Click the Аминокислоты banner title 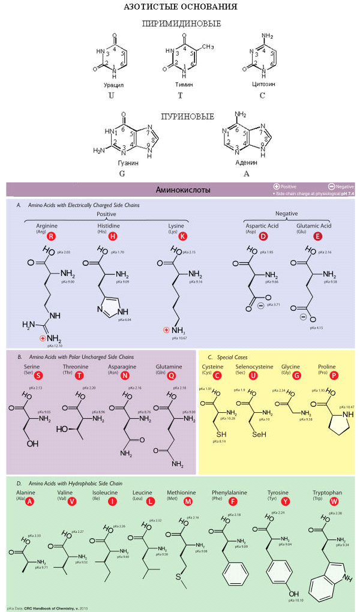[181, 190]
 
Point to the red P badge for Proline [334, 376]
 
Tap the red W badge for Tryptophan [334, 501]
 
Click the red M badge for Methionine [188, 501]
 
